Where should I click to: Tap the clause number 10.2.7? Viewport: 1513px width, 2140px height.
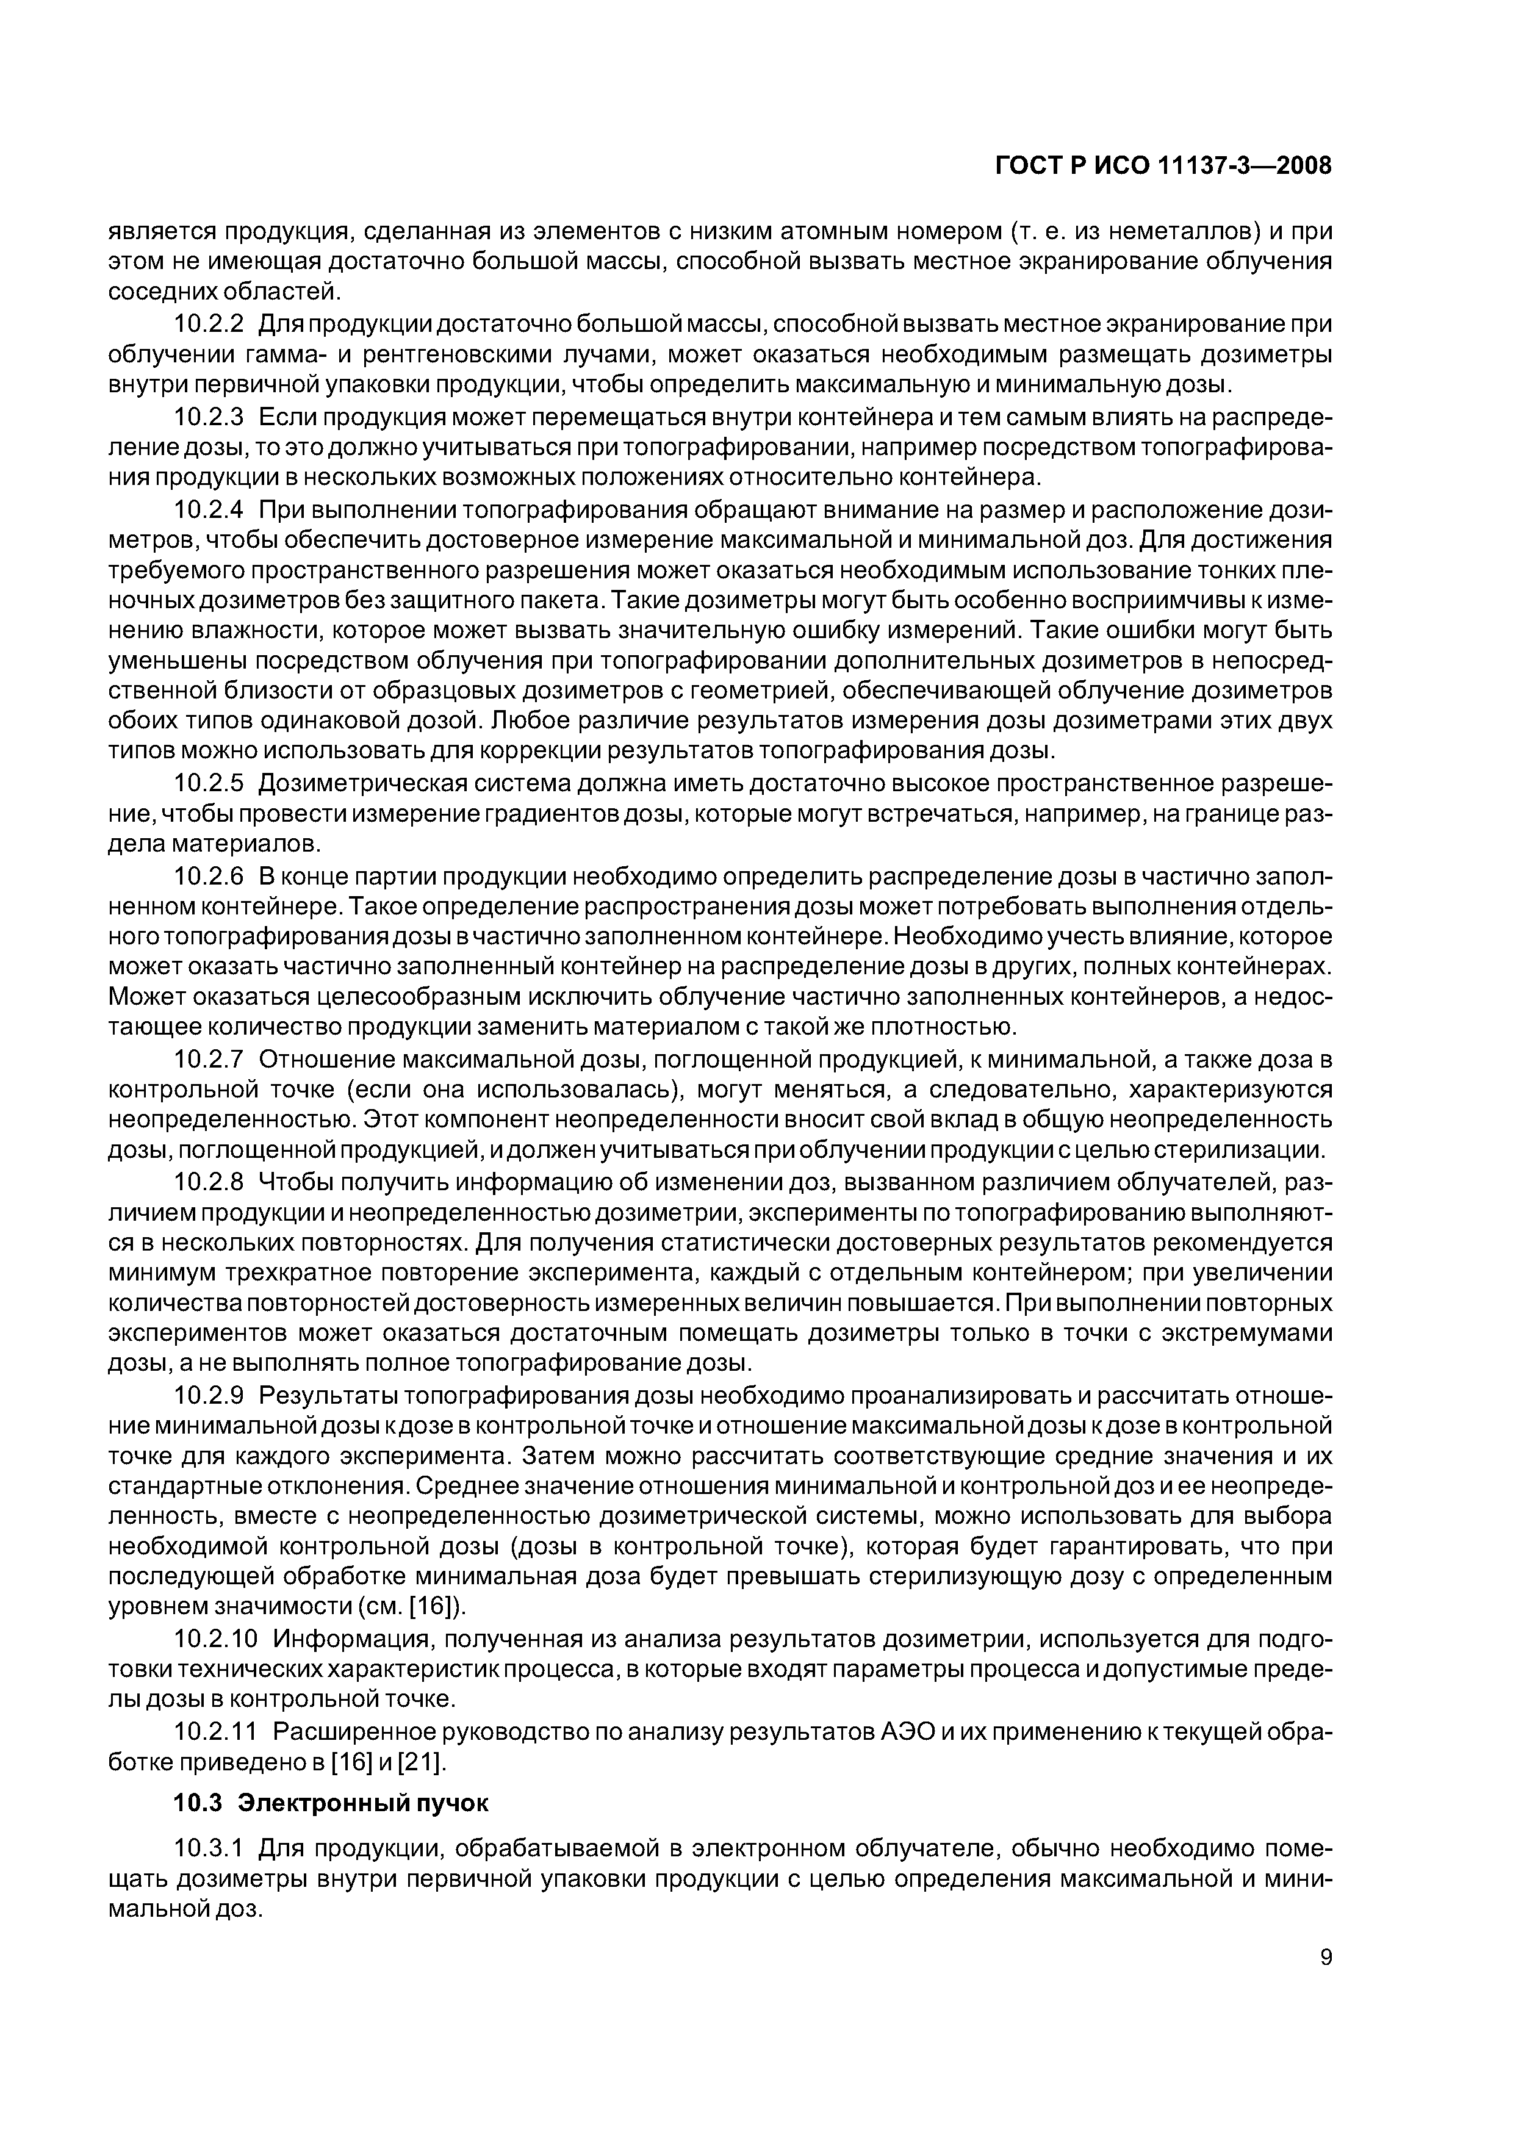210,1059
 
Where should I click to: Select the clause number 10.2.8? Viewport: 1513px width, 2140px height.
210,1181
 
